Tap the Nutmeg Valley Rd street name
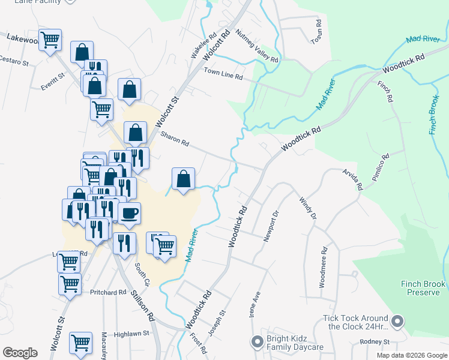coord(257,47)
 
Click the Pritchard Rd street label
coord(108,292)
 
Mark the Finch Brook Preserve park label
coord(424,288)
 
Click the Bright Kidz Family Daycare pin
coord(258,342)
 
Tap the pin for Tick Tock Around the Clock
coord(397,322)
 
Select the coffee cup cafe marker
coord(129,213)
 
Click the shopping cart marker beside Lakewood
coord(50,40)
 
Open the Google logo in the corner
coord(20,352)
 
